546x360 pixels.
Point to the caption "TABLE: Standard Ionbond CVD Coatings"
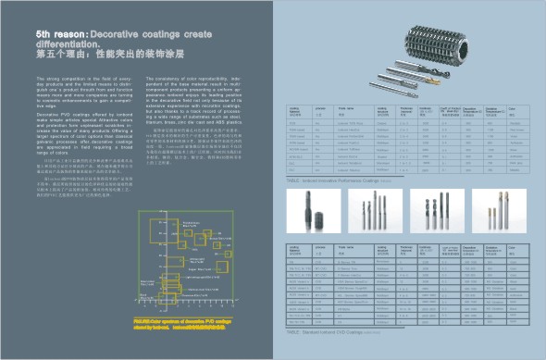334,329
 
